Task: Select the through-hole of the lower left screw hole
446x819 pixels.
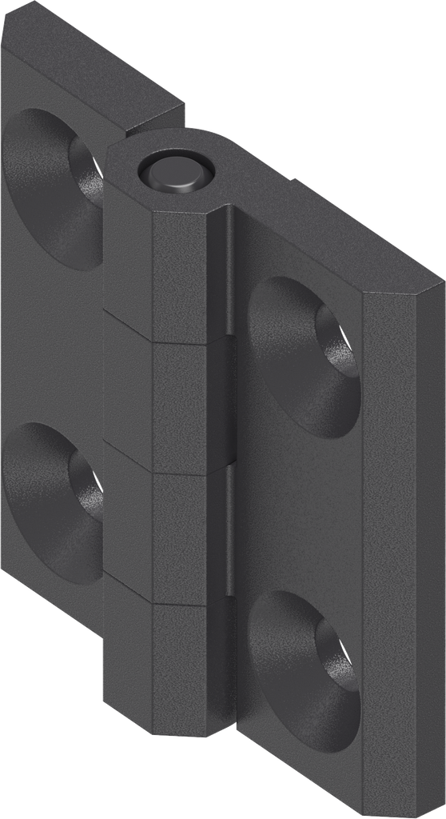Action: click(x=87, y=484)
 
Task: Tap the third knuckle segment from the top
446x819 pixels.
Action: click(x=177, y=536)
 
